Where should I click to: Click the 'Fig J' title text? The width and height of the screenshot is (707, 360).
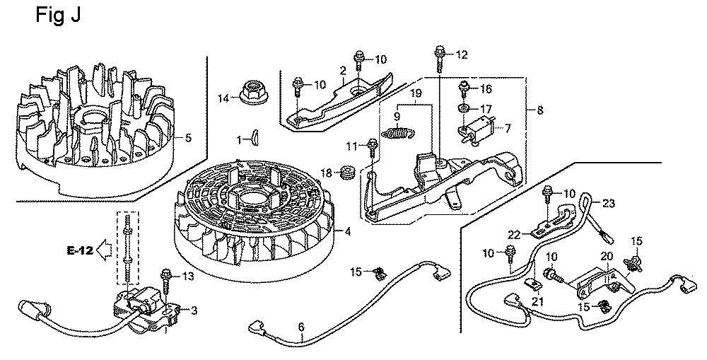click(58, 16)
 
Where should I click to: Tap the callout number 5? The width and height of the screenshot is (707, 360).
click(188, 137)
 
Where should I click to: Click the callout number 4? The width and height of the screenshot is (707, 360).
click(348, 231)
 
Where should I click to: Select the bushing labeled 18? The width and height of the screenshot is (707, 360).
click(346, 171)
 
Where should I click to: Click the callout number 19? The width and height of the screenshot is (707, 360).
click(416, 93)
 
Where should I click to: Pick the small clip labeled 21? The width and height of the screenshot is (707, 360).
click(534, 286)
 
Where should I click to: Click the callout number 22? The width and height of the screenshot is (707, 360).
click(514, 234)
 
